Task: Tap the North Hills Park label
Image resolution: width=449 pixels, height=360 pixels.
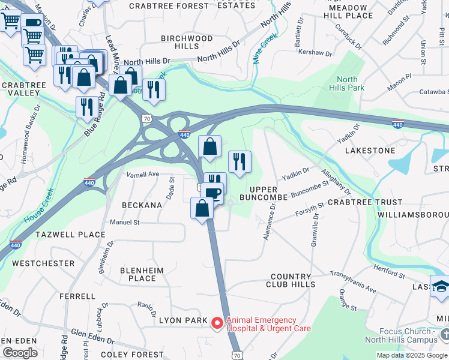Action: tap(351, 83)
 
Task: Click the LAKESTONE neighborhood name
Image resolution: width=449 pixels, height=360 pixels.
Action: tap(370, 150)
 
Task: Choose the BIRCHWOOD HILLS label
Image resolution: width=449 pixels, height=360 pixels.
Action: tap(186, 42)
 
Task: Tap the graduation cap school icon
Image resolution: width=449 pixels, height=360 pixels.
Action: tap(440, 287)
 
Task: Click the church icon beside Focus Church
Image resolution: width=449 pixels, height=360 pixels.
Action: tap(444, 332)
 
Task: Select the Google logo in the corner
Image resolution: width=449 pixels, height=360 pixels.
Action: tap(19, 353)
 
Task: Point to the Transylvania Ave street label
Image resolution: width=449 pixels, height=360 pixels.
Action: tap(353, 281)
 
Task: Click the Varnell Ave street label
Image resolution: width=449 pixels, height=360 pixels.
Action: tap(142, 174)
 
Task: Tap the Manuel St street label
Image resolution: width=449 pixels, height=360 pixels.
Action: tap(124, 222)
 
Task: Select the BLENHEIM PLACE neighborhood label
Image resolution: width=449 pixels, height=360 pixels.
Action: tap(142, 274)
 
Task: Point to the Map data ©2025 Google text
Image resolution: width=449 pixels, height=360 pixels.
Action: tap(412, 355)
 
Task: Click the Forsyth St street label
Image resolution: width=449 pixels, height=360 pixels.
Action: tap(310, 209)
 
